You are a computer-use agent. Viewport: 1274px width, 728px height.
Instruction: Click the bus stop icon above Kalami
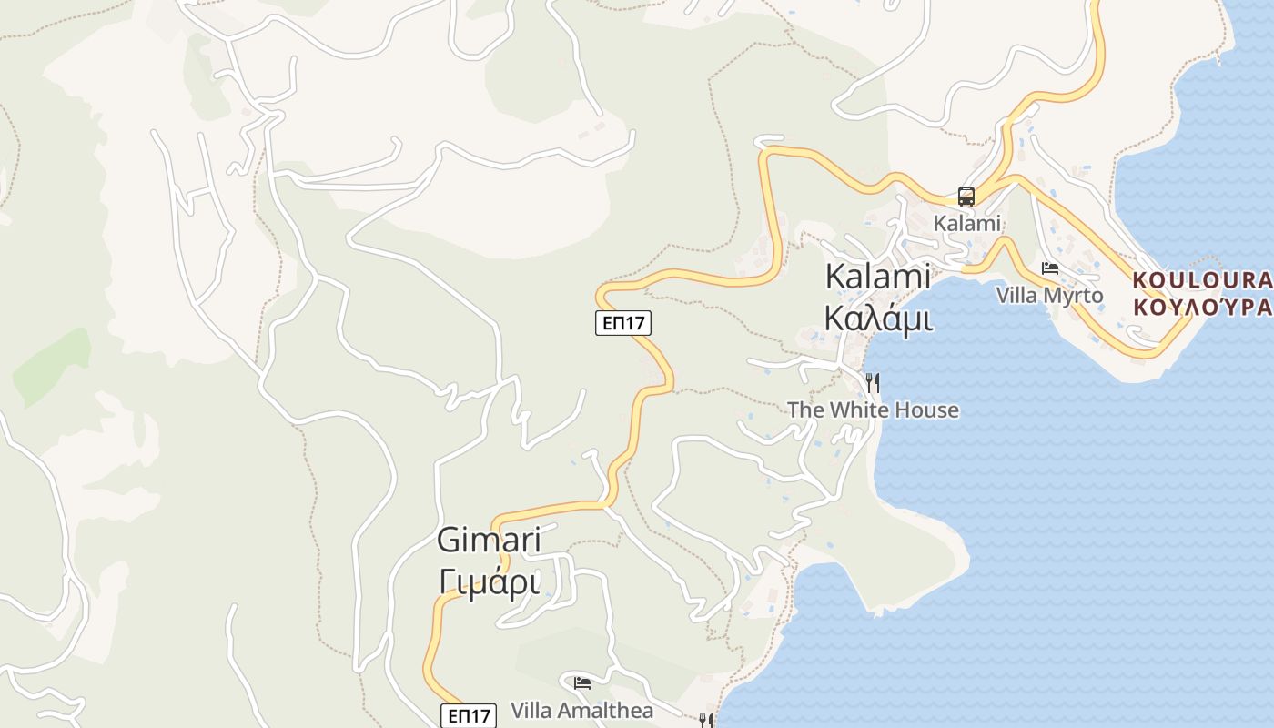[x=966, y=197]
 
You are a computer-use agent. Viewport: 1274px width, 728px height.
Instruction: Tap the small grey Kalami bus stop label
[x=966, y=223]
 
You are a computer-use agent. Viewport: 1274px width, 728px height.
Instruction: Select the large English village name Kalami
[x=877, y=277]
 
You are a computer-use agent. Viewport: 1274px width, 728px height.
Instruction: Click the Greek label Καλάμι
[x=877, y=318]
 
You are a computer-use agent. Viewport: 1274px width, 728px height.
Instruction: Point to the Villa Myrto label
[x=1049, y=296]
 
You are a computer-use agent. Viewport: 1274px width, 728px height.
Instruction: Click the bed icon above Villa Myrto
[x=1050, y=268]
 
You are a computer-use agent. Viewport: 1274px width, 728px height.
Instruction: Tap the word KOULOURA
[x=1201, y=279]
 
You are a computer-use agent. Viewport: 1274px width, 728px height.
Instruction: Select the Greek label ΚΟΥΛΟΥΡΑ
[x=1201, y=307]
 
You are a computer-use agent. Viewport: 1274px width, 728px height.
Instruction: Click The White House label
[x=873, y=410]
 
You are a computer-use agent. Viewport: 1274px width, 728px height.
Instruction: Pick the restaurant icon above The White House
[x=873, y=381]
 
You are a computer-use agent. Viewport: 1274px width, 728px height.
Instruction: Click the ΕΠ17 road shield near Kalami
[x=623, y=322]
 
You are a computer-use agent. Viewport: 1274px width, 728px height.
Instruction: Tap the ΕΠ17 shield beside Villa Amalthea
[x=469, y=715]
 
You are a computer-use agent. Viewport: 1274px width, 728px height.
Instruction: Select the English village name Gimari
[x=489, y=540]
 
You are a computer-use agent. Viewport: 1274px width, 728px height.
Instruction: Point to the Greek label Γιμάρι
[x=489, y=581]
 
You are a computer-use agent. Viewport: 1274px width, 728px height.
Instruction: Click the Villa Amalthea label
[x=581, y=711]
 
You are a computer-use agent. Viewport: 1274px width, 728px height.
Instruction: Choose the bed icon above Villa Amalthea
[x=582, y=682]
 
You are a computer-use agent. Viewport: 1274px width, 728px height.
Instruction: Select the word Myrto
[x=1074, y=296]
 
